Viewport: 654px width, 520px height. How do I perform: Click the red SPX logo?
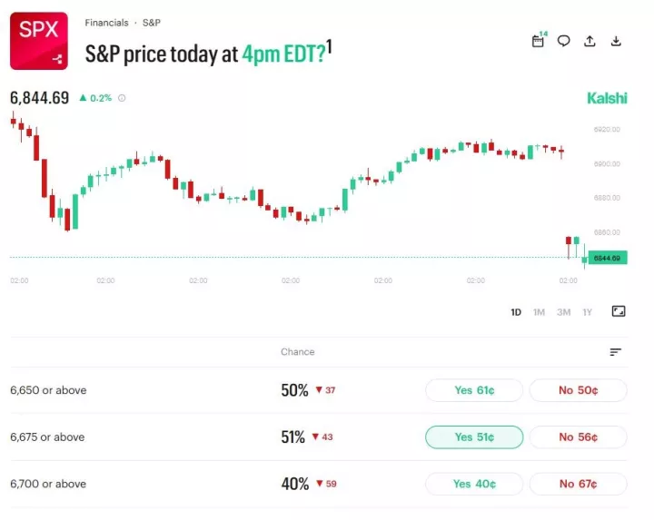click(39, 41)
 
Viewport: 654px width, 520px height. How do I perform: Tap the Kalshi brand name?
click(607, 98)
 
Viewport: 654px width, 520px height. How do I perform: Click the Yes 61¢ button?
click(473, 390)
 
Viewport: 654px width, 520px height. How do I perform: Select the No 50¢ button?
click(578, 390)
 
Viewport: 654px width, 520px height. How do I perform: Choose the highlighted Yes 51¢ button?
click(473, 437)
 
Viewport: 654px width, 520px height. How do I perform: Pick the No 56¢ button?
click(578, 437)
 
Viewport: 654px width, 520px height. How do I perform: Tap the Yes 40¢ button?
click(473, 484)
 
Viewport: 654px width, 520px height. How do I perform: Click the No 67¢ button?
click(578, 484)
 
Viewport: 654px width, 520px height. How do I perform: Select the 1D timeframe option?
click(516, 312)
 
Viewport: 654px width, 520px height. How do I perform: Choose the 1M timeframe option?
click(539, 312)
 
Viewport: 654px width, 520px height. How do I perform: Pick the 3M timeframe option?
click(563, 312)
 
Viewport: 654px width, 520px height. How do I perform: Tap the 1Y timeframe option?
click(587, 312)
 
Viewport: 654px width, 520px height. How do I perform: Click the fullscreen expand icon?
click(619, 311)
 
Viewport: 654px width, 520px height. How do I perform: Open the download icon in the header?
click(616, 41)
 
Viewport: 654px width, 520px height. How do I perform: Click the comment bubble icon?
click(563, 41)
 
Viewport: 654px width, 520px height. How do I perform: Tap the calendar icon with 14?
click(538, 41)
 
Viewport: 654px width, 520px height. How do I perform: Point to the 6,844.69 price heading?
click(40, 98)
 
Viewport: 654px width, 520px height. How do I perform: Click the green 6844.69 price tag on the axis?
click(607, 258)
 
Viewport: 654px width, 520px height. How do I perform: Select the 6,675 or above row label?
click(47, 437)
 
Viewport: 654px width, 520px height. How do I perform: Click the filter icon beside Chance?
click(616, 352)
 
